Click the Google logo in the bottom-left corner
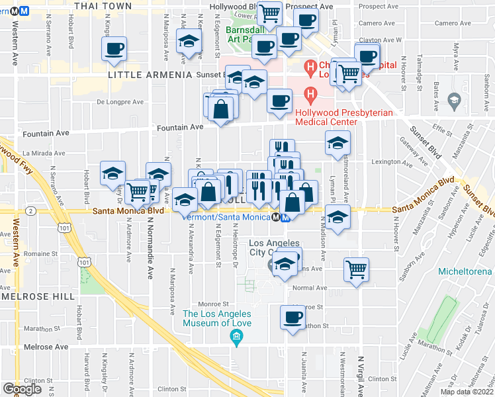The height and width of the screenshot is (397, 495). point(22,388)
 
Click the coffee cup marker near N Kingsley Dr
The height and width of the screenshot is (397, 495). point(114,48)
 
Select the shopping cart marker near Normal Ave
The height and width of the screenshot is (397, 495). point(356,269)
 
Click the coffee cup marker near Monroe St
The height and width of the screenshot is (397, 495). point(292,318)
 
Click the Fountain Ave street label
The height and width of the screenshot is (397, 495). point(179,126)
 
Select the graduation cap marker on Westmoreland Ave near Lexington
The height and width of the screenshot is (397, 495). point(337,143)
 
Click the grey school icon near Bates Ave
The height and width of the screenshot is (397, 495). point(453,101)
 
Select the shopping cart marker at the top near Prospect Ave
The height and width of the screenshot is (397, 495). point(269,13)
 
